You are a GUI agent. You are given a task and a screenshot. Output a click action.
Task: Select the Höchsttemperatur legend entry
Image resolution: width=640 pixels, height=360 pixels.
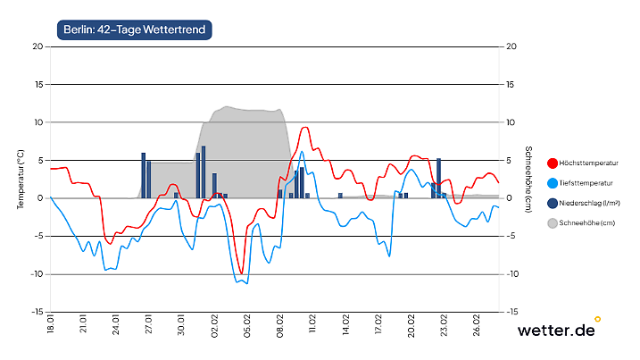(588, 163)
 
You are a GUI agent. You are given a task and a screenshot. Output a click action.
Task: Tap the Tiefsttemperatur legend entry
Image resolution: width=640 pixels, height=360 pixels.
(587, 183)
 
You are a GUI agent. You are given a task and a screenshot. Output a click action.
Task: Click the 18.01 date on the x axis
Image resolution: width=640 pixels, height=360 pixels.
(51, 323)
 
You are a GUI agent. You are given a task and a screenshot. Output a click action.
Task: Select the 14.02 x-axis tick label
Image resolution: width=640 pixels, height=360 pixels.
(345, 323)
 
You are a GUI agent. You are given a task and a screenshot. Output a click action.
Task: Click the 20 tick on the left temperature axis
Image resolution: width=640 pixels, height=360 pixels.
(37, 46)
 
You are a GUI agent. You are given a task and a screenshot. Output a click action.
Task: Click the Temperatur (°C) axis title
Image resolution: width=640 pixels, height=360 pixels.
(20, 180)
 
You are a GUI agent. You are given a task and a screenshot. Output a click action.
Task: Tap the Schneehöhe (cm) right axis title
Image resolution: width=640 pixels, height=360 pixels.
(528, 179)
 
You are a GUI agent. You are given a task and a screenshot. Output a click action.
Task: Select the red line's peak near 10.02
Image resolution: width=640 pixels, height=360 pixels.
(304, 128)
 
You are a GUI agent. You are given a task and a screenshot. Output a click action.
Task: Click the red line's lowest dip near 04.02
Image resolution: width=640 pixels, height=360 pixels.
(241, 273)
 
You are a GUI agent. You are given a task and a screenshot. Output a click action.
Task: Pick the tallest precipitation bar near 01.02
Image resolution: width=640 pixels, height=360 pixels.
(204, 172)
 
